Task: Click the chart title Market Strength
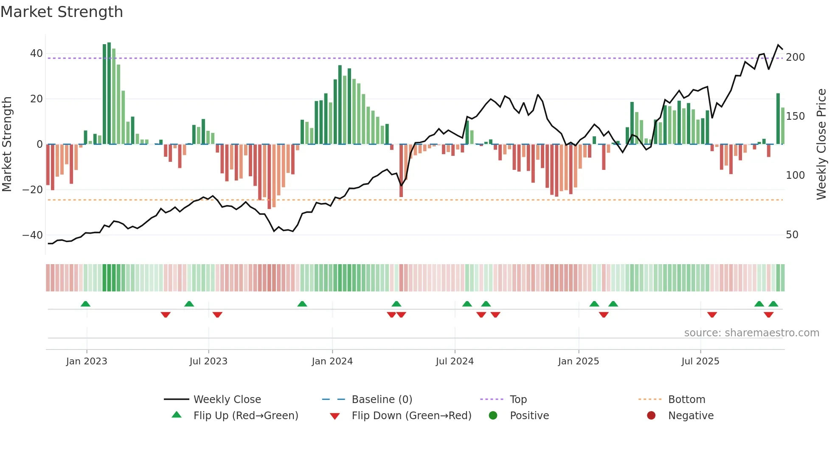point(62,12)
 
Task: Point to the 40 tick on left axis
point(37,54)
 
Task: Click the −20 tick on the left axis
point(33,189)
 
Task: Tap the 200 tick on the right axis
point(795,57)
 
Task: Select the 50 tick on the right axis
point(792,234)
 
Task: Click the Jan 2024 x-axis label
point(332,361)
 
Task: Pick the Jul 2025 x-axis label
point(700,361)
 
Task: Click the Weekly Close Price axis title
point(821,144)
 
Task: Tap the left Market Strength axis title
point(7,144)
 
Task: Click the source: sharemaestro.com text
point(751,333)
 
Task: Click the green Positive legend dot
point(493,415)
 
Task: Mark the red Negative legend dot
point(651,415)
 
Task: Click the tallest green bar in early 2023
point(109,93)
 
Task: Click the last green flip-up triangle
point(773,304)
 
